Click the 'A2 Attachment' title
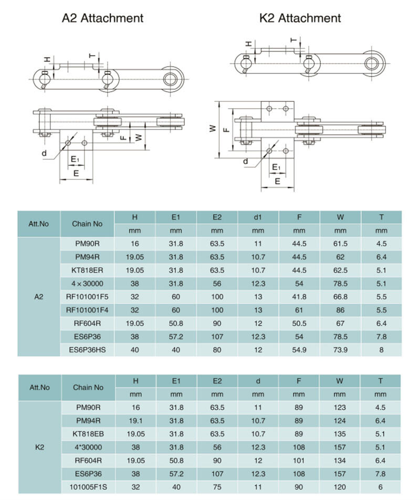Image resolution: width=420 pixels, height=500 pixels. click(x=102, y=18)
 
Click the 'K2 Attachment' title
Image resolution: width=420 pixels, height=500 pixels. click(x=300, y=18)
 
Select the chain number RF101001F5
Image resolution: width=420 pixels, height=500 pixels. click(x=87, y=296)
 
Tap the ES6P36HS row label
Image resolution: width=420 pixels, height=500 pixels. click(x=87, y=349)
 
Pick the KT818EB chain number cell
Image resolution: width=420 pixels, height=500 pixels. click(x=87, y=434)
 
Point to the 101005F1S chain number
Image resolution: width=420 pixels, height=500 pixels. click(x=87, y=486)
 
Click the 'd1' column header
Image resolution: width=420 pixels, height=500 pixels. click(x=258, y=217)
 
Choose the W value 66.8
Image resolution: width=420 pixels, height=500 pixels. click(x=340, y=296)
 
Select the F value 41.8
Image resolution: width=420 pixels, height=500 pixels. click(x=299, y=296)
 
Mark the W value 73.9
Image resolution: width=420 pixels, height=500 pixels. click(x=340, y=349)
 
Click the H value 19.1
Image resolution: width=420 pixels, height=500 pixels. click(x=135, y=421)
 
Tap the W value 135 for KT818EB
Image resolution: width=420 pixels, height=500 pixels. click(x=340, y=434)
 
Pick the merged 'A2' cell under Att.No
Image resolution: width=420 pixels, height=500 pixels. click(x=39, y=296)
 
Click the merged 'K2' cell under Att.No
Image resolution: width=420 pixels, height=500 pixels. click(x=39, y=447)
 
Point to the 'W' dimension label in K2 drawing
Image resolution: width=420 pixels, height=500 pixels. click(x=213, y=128)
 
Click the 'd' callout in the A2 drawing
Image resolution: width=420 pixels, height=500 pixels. click(x=45, y=154)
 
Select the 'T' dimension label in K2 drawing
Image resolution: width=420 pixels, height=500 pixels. click(x=293, y=39)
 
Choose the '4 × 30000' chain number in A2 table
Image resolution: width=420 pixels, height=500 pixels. click(x=87, y=283)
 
